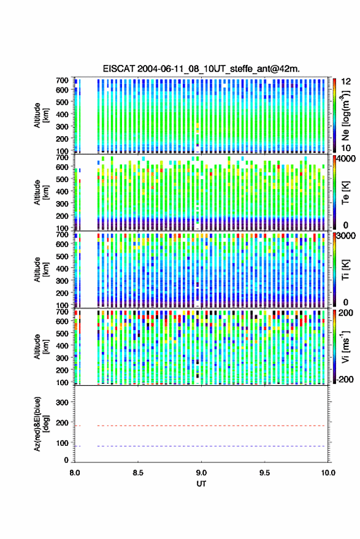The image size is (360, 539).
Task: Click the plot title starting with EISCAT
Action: pos(201,69)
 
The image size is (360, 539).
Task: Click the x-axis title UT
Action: pos(201,484)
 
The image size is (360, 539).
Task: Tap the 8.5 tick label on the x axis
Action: pos(138,473)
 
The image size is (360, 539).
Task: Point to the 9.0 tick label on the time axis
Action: pos(201,473)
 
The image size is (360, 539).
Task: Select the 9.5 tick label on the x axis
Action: pos(264,473)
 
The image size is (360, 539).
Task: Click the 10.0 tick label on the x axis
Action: pos(328,473)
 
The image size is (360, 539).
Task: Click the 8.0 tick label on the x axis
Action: pos(75,473)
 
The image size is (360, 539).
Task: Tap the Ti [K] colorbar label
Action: pos(345,270)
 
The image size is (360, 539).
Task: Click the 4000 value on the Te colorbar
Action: pos(347,159)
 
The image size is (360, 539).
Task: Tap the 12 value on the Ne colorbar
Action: pos(347,82)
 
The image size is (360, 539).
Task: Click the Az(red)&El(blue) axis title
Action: pos(41,424)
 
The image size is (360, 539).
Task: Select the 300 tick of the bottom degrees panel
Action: pos(62,402)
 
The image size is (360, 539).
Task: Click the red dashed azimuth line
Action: pos(212,426)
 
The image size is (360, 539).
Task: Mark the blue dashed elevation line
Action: pos(212,446)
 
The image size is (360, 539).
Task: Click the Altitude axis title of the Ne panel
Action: pos(41,115)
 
